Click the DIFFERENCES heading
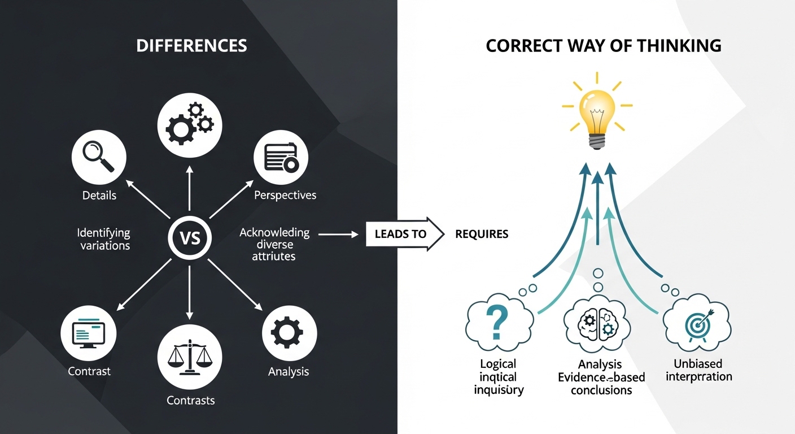point(191,46)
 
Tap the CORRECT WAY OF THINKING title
point(603,46)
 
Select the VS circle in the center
point(190,238)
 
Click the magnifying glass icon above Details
point(98,156)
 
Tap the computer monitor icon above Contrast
point(89,331)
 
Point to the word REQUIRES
point(482,234)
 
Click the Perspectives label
point(285,196)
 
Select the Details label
point(99,196)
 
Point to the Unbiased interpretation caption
point(698,370)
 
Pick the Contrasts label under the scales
point(191,401)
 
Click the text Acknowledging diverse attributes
point(275,244)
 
